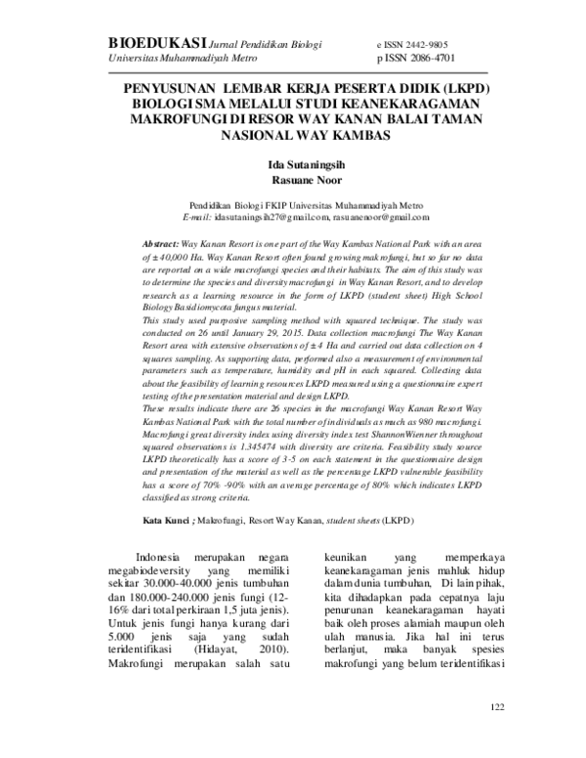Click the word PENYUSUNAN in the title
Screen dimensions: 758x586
[x=171, y=88]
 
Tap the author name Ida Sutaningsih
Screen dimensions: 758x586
[x=292, y=164]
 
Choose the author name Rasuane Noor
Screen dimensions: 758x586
[x=292, y=180]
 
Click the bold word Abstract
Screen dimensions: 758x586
[x=160, y=241]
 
